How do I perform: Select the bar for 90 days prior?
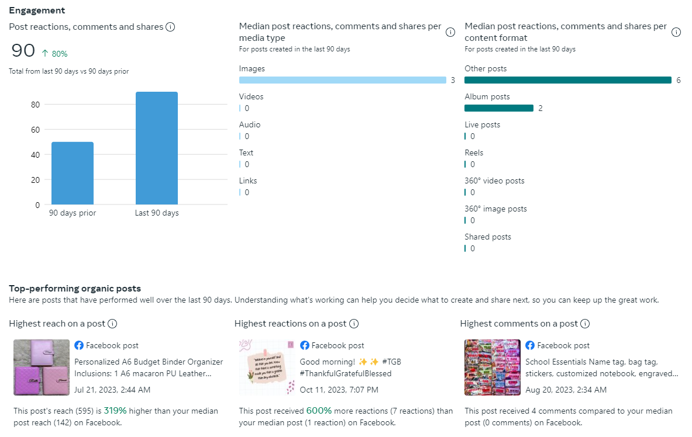coord(73,173)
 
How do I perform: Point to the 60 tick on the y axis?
coord(35,130)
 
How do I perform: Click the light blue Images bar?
coord(342,80)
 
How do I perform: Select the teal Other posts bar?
coord(567,80)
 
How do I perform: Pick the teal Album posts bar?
coord(498,108)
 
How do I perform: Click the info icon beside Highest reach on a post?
coord(112,324)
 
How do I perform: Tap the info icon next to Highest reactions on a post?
coord(354,324)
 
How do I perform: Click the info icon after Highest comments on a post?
coord(585,324)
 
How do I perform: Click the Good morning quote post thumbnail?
coord(267,367)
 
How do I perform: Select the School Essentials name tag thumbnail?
coord(492,367)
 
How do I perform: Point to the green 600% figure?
coord(319,411)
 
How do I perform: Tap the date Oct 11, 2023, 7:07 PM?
coord(339,390)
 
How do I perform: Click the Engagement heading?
coord(37,11)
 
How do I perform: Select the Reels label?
coord(474,153)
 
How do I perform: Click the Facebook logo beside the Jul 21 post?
coord(79,345)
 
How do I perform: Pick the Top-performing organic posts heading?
coord(75,288)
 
